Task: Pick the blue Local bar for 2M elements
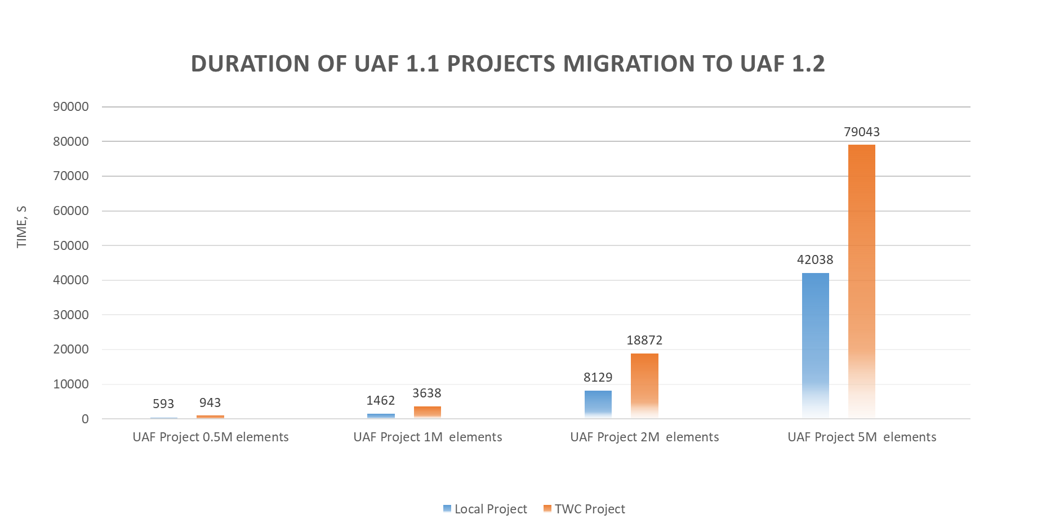click(598, 404)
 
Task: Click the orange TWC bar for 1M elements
click(428, 412)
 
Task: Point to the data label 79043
click(861, 132)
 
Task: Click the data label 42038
click(814, 259)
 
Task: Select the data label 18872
click(644, 340)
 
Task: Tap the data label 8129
click(598, 377)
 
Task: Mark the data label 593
click(163, 404)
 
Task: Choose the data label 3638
click(427, 393)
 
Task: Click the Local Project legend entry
click(485, 509)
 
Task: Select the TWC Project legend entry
click(585, 509)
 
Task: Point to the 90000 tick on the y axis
click(71, 107)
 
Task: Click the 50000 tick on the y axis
click(71, 245)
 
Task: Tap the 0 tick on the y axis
click(85, 419)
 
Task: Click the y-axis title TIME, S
click(21, 226)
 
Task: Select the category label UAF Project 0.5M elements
click(211, 437)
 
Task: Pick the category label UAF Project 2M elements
click(644, 437)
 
